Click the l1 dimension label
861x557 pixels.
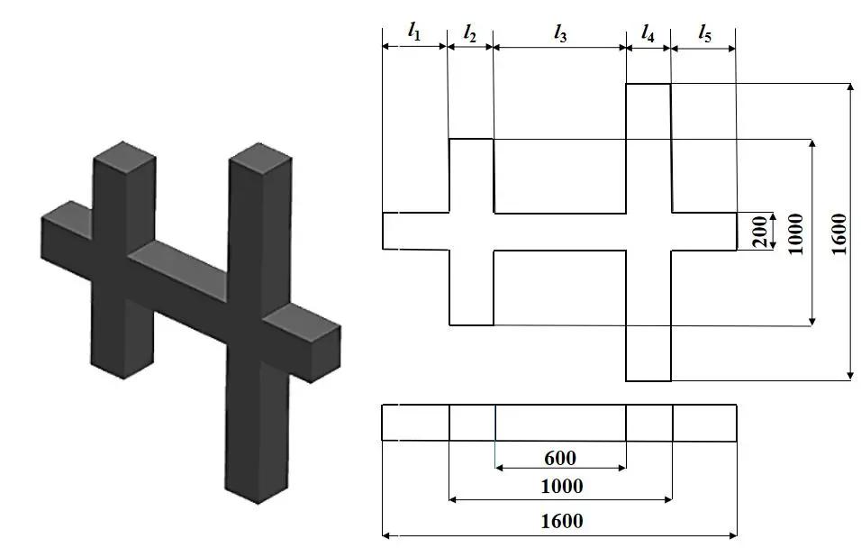pyautogui.click(x=413, y=32)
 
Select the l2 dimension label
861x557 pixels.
pyautogui.click(x=470, y=32)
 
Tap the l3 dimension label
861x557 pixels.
pyautogui.click(x=559, y=33)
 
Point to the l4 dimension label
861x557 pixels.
pyautogui.click(x=648, y=32)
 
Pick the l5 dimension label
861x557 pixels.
pyautogui.click(x=704, y=33)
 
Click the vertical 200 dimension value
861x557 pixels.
pyautogui.click(x=759, y=232)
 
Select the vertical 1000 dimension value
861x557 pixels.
pyautogui.click(x=794, y=233)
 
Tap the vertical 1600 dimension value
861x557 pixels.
pyautogui.click(x=838, y=233)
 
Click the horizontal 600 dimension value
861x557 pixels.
pyautogui.click(x=559, y=458)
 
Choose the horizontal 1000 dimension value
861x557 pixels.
pyautogui.click(x=560, y=487)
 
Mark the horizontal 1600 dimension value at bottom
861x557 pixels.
pyautogui.click(x=560, y=520)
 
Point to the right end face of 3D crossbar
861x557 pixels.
pyautogui.click(x=325, y=352)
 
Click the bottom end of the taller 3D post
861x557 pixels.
pyautogui.click(x=257, y=491)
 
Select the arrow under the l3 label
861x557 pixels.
pyautogui.click(x=559, y=48)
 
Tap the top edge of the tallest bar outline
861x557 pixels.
pyautogui.click(x=648, y=84)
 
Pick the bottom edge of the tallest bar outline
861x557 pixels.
pyautogui.click(x=648, y=381)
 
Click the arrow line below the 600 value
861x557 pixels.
pyautogui.click(x=559, y=469)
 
